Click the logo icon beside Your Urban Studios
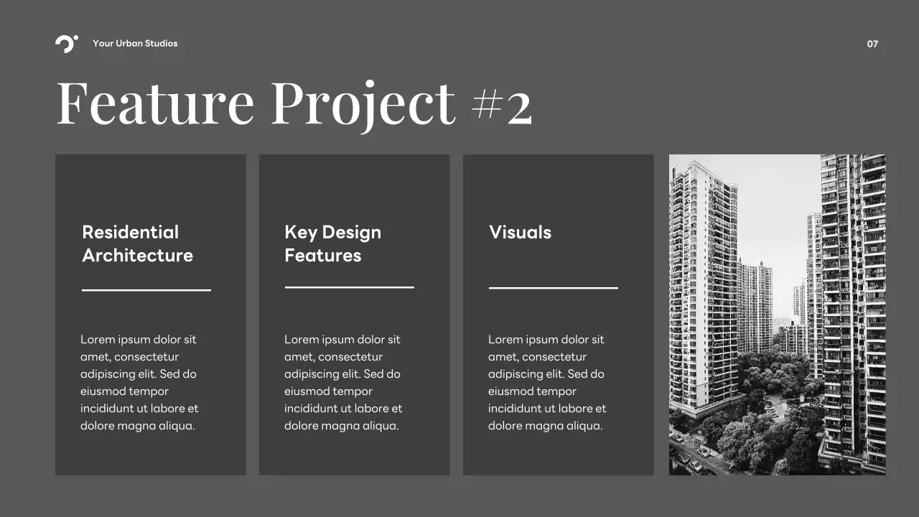point(66,44)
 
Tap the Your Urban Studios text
point(135,44)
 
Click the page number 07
point(872,44)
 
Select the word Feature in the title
point(155,103)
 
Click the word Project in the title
point(363,103)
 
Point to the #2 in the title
point(502,106)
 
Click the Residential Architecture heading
point(137,243)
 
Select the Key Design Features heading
point(332,243)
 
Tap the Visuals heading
point(520,232)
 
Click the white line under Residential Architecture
point(146,290)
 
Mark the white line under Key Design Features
point(350,287)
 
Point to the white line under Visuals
point(554,288)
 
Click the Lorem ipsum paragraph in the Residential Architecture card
point(139,382)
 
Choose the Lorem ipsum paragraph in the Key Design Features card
point(343,382)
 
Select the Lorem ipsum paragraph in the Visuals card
point(547,382)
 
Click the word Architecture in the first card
point(137,256)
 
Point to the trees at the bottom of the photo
point(761,431)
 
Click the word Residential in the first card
point(130,232)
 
